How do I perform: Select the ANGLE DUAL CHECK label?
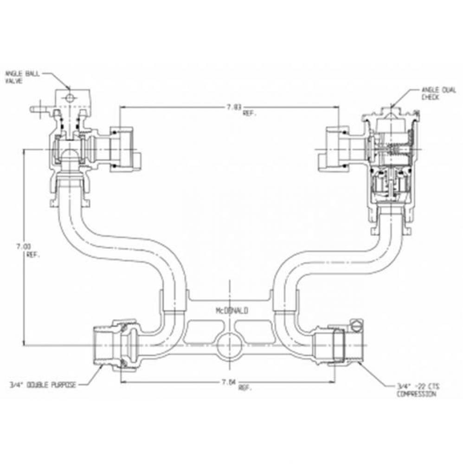[x=434, y=94]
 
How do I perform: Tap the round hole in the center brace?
[x=228, y=345]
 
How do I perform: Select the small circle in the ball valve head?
[x=69, y=98]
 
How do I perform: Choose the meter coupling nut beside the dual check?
[x=337, y=149]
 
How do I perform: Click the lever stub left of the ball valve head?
[x=39, y=110]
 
